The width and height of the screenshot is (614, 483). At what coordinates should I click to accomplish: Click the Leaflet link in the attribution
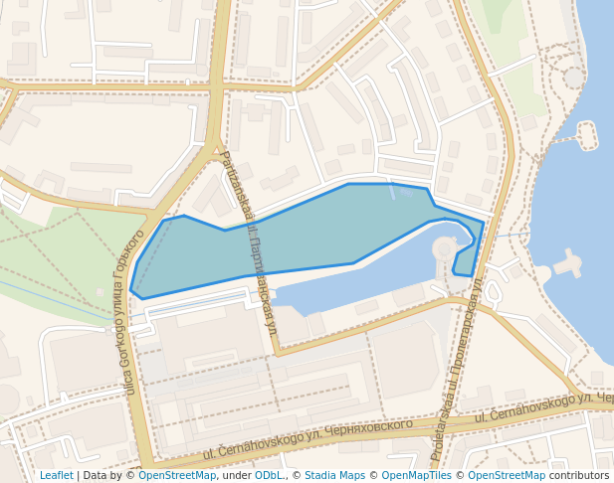click(x=56, y=475)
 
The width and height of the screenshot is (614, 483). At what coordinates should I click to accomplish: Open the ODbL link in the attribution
click(x=271, y=475)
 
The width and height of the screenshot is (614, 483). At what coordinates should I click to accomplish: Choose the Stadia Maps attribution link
click(x=334, y=475)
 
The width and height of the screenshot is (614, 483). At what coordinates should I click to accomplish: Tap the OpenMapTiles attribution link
click(x=416, y=475)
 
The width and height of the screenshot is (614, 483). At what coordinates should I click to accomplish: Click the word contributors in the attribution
click(x=579, y=475)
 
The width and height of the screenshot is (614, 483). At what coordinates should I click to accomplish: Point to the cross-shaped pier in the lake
click(x=568, y=263)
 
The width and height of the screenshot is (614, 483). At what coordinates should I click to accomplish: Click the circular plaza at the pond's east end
click(x=444, y=248)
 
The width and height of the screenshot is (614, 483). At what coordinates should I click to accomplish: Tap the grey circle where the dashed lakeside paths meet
click(x=574, y=77)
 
